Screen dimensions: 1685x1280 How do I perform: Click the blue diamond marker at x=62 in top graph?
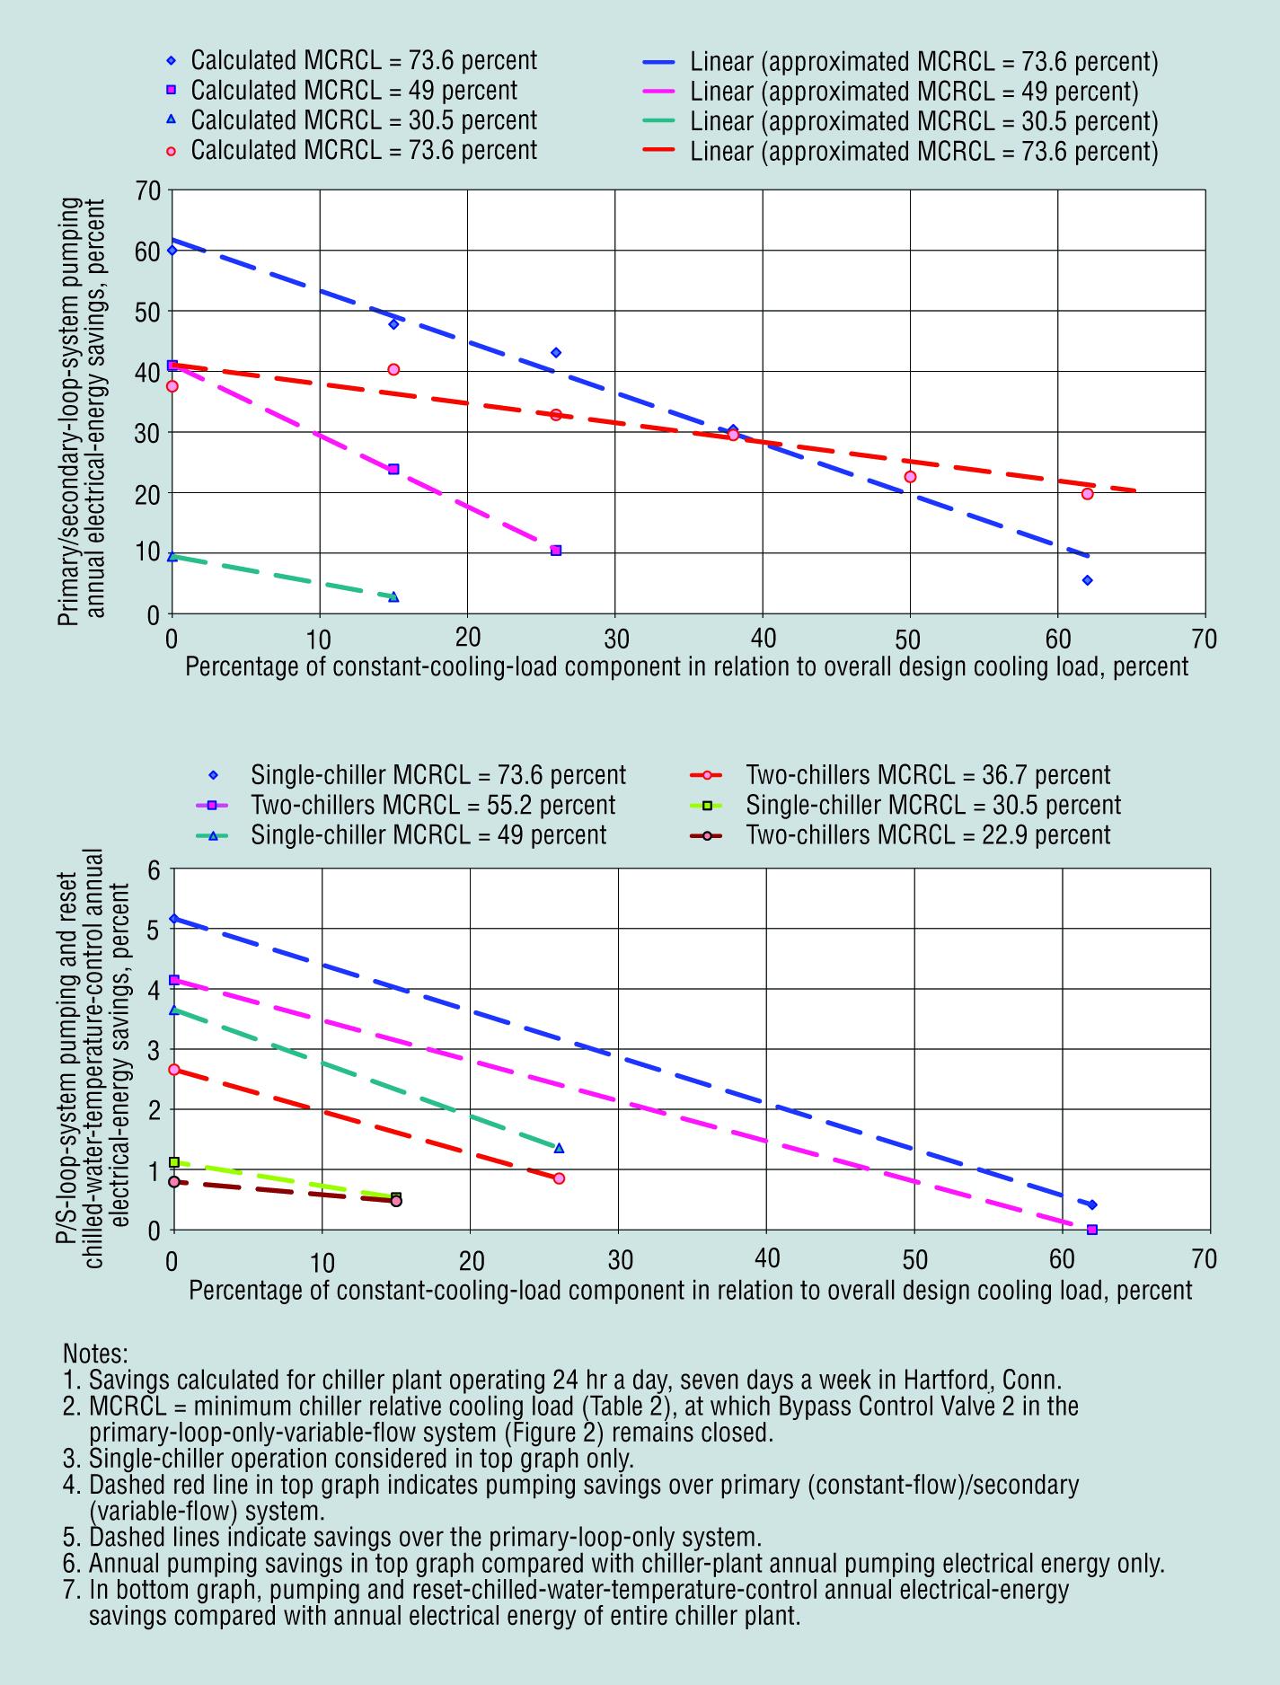coord(1087,580)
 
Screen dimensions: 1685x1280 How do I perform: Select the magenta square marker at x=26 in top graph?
coord(556,551)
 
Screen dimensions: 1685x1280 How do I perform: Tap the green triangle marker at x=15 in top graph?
coord(393,596)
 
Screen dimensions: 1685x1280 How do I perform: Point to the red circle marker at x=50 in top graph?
coord(910,477)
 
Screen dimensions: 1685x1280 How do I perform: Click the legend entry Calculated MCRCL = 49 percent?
coord(353,91)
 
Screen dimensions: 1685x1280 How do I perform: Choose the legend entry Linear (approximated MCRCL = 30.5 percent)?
coord(923,122)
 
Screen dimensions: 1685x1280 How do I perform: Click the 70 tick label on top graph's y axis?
coord(148,190)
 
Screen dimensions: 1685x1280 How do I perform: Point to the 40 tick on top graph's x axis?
coord(763,639)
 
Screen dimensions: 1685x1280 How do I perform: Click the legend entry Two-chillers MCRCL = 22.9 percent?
coord(928,835)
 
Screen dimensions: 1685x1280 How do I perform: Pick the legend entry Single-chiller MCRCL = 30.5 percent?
coord(932,806)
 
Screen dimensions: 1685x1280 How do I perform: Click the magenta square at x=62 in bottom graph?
coord(1091,1230)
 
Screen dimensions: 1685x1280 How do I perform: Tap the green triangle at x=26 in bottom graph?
coord(559,1148)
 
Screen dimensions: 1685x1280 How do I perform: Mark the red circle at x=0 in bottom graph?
coord(174,1070)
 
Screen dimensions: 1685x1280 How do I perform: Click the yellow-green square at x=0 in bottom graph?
coord(174,1162)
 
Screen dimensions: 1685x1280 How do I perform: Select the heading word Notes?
coord(95,1354)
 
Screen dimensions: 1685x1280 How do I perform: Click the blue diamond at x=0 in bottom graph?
coord(174,918)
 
